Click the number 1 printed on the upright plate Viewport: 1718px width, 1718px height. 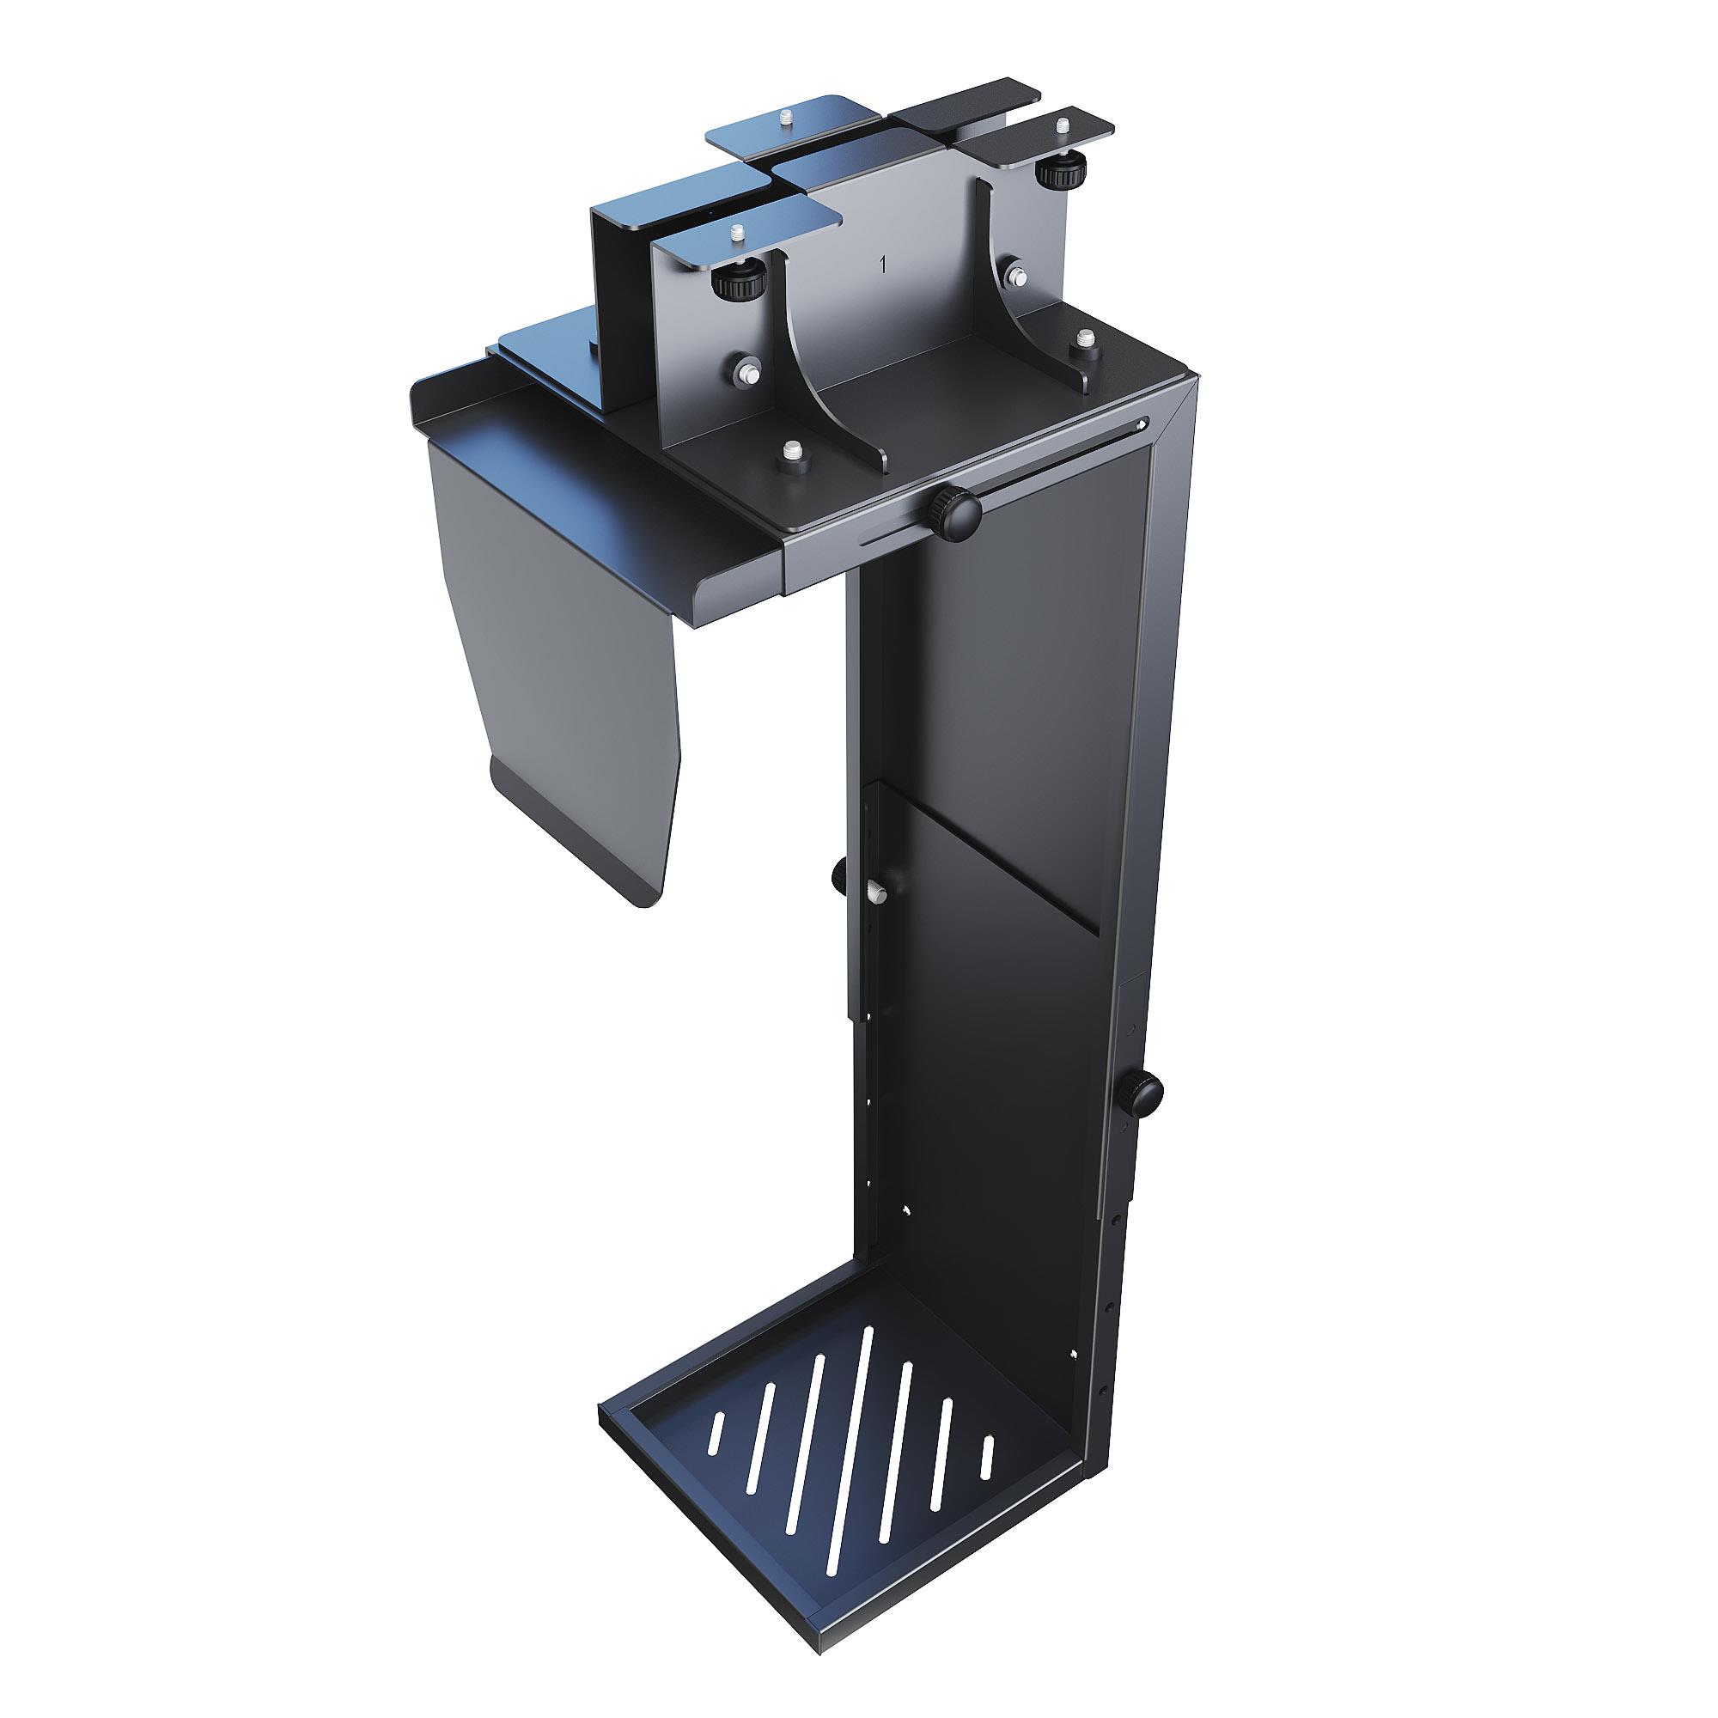[x=882, y=264]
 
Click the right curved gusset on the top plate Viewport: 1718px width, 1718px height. [x=1022, y=294]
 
